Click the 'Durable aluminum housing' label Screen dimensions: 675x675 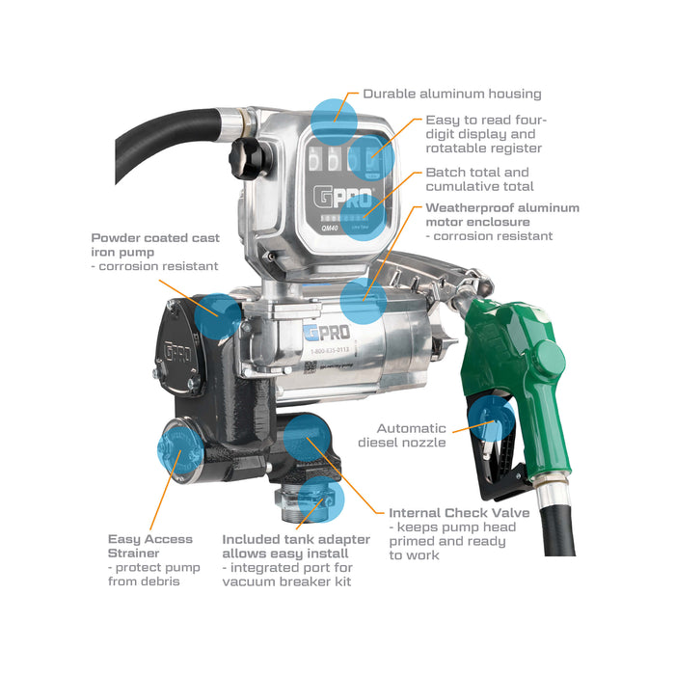click(x=451, y=94)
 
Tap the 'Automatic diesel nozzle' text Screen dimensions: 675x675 click(x=412, y=435)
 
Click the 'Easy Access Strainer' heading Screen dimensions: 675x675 click(x=150, y=546)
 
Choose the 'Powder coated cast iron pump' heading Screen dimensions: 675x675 click(x=155, y=244)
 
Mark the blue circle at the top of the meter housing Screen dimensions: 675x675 click(x=334, y=121)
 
